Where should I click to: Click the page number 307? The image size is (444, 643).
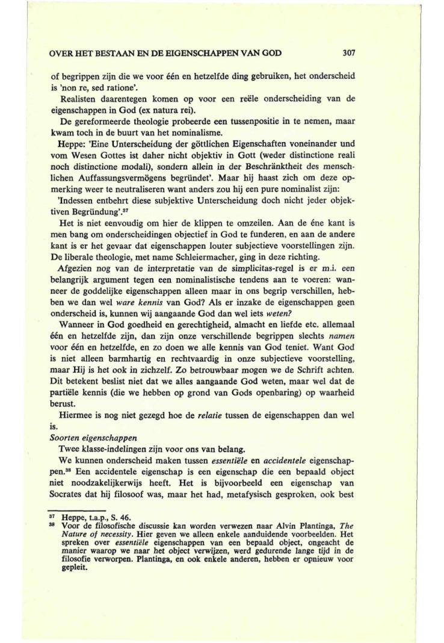tap(350, 52)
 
